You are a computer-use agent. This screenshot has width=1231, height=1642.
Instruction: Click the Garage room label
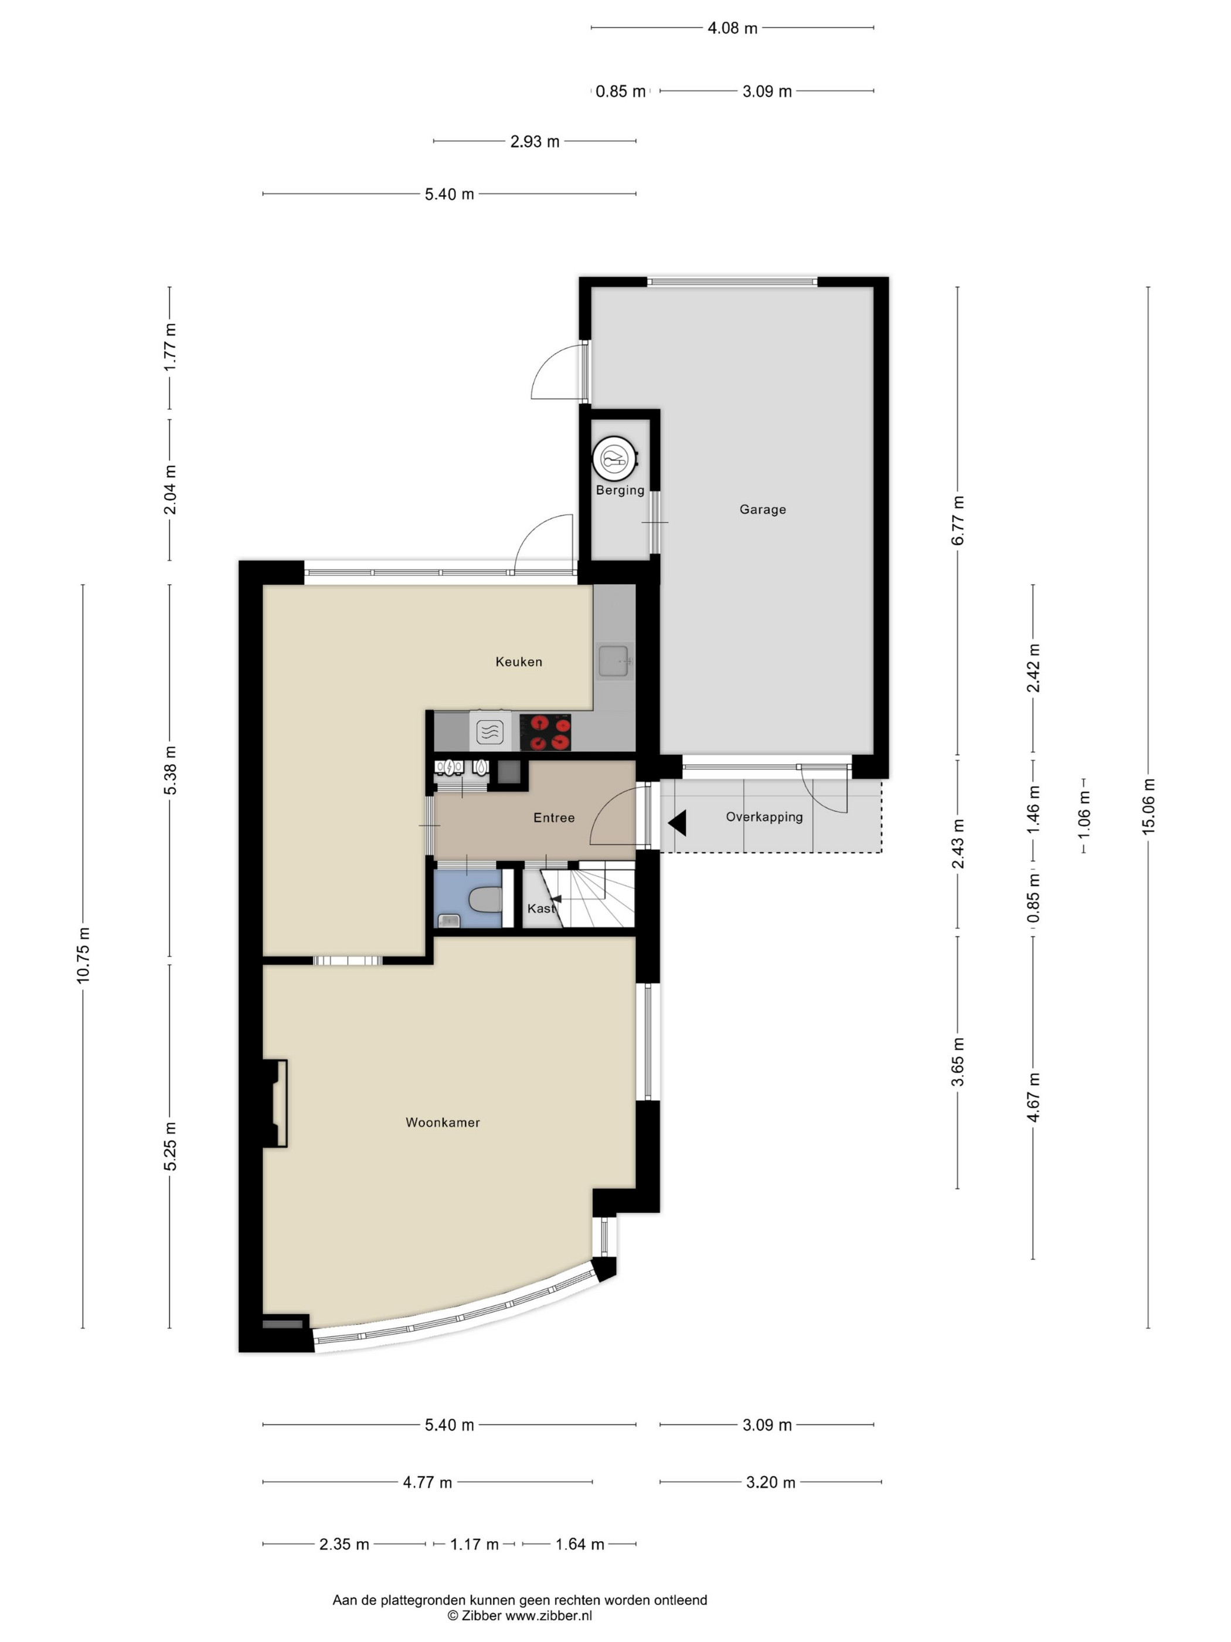click(x=762, y=509)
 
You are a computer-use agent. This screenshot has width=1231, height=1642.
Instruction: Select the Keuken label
click(x=519, y=661)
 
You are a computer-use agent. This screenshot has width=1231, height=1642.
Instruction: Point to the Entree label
click(x=553, y=817)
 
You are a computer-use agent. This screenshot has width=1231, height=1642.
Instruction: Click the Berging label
click(x=620, y=490)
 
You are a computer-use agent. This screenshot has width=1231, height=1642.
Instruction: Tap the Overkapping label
click(x=764, y=816)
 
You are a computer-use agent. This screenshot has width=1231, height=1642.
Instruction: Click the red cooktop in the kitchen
click(x=545, y=732)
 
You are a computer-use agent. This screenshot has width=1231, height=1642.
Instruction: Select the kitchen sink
click(x=614, y=661)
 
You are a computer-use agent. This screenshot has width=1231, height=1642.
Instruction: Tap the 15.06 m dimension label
click(x=1148, y=806)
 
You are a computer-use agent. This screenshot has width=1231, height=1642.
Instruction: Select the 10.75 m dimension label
click(x=83, y=955)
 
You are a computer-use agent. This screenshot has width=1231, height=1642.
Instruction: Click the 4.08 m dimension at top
click(x=732, y=28)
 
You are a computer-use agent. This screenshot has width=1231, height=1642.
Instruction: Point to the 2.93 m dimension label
click(x=534, y=141)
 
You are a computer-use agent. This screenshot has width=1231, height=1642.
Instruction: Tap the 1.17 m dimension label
click(x=475, y=1544)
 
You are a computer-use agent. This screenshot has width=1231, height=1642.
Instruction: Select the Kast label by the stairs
click(x=541, y=908)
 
